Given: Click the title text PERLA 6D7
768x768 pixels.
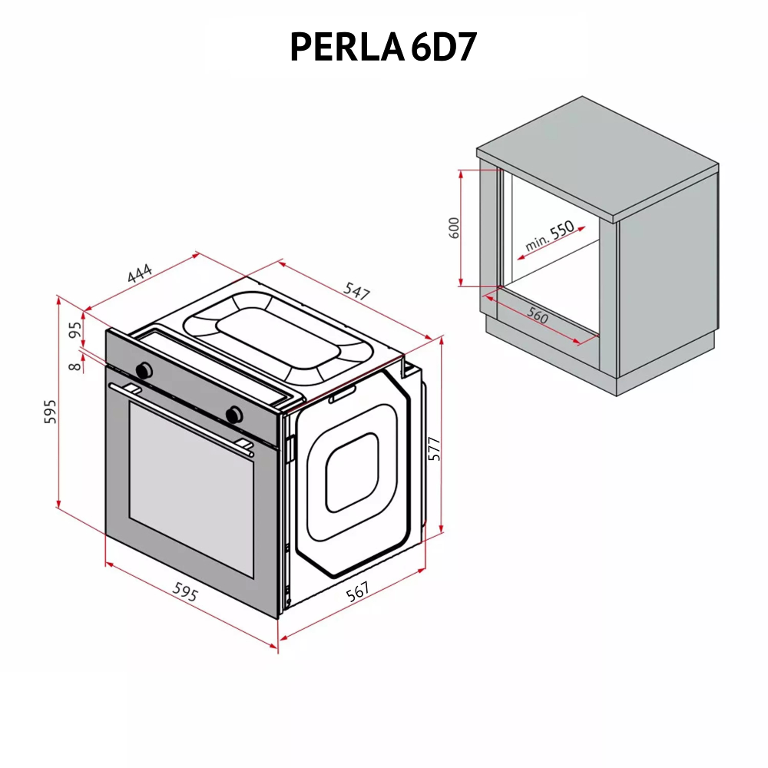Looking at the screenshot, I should coord(383,48).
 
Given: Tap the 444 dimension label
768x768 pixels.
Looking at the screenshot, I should coord(140,274).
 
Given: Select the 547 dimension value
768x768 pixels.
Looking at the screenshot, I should coord(357,291).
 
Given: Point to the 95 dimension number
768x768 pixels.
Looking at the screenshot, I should coord(75,330).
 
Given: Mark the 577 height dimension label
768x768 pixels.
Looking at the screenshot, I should coord(434,448).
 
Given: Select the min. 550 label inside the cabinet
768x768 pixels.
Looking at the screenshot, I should coord(550,237).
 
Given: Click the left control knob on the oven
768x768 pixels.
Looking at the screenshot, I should coord(143,370).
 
